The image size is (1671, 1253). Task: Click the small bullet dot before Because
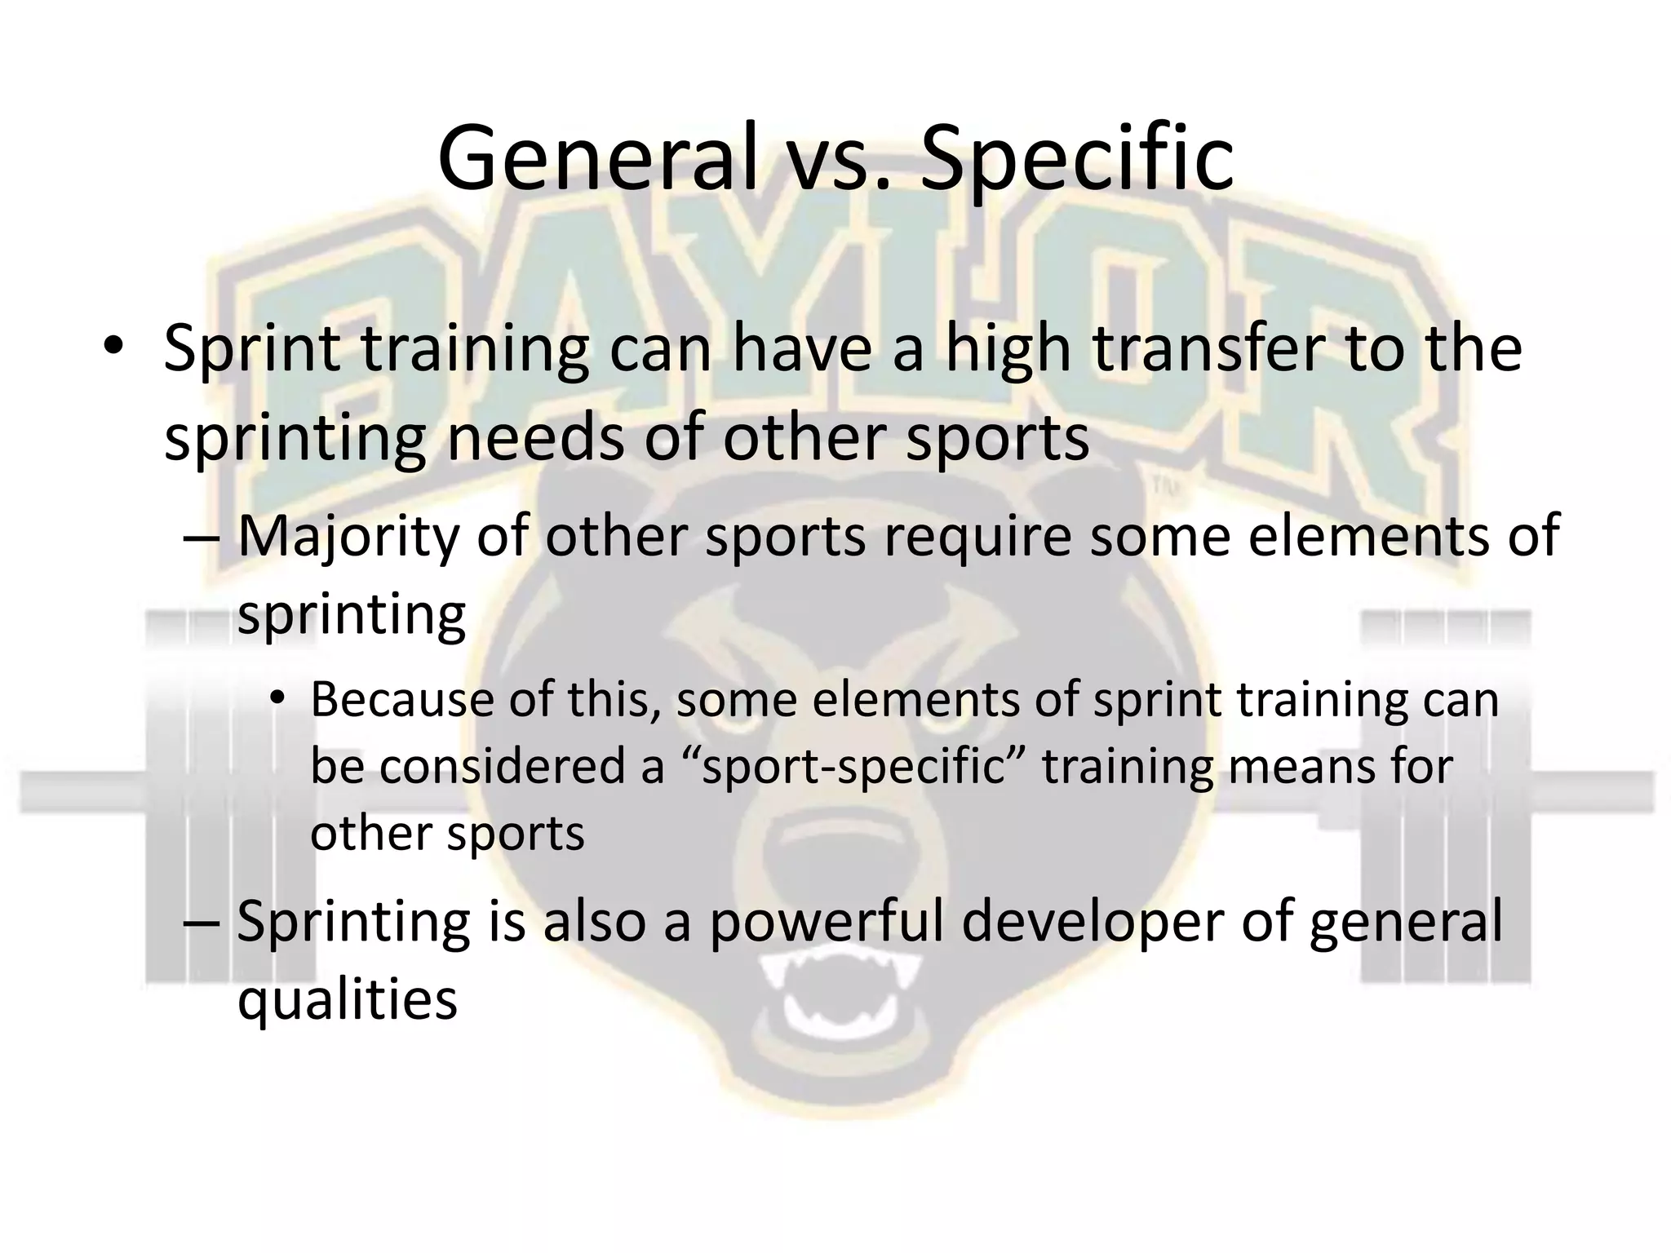[277, 700]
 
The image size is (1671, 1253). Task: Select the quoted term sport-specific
[853, 767]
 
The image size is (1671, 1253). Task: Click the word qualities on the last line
[347, 998]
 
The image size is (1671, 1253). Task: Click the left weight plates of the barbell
[184, 795]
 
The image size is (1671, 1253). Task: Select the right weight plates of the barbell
[1444, 795]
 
